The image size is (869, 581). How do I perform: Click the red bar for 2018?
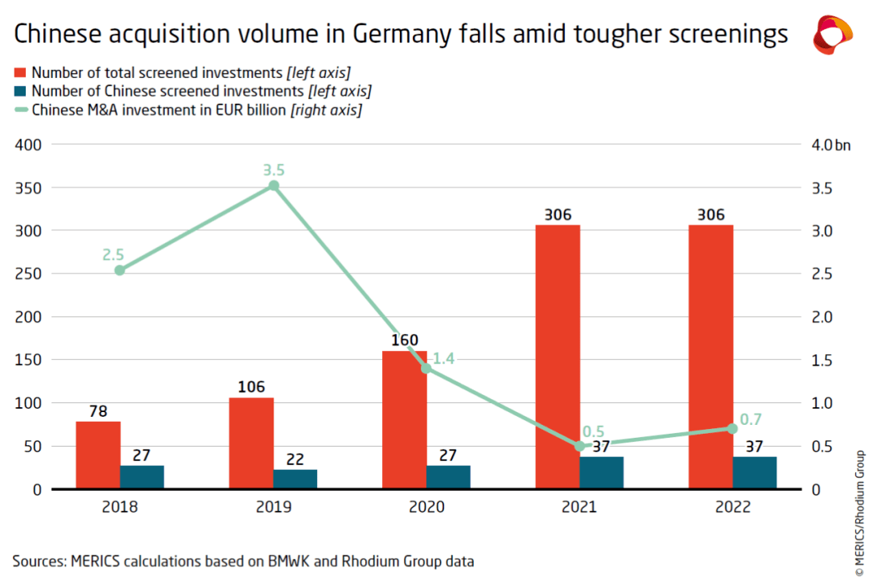[x=98, y=455]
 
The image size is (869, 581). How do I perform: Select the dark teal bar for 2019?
[x=295, y=479]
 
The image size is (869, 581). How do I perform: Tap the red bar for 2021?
[x=558, y=357]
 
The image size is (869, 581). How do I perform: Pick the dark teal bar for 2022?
[x=755, y=473]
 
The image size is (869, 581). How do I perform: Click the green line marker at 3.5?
[x=274, y=186]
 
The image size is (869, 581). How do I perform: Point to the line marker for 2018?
[x=120, y=270]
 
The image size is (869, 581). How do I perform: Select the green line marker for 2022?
[x=732, y=429]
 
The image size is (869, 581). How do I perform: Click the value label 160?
[x=405, y=340]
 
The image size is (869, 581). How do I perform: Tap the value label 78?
[x=98, y=411]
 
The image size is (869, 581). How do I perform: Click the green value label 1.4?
[x=443, y=359]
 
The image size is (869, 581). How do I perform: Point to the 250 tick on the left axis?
[x=28, y=274]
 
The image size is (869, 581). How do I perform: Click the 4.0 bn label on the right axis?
[x=830, y=145]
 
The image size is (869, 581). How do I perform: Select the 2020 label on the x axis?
[x=426, y=507]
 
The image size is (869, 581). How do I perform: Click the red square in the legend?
[x=20, y=72]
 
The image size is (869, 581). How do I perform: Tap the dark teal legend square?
[x=20, y=91]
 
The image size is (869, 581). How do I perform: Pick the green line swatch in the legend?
[x=20, y=109]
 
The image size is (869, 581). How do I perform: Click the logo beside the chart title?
[x=833, y=35]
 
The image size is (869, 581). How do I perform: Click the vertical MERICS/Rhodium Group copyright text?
[x=859, y=513]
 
